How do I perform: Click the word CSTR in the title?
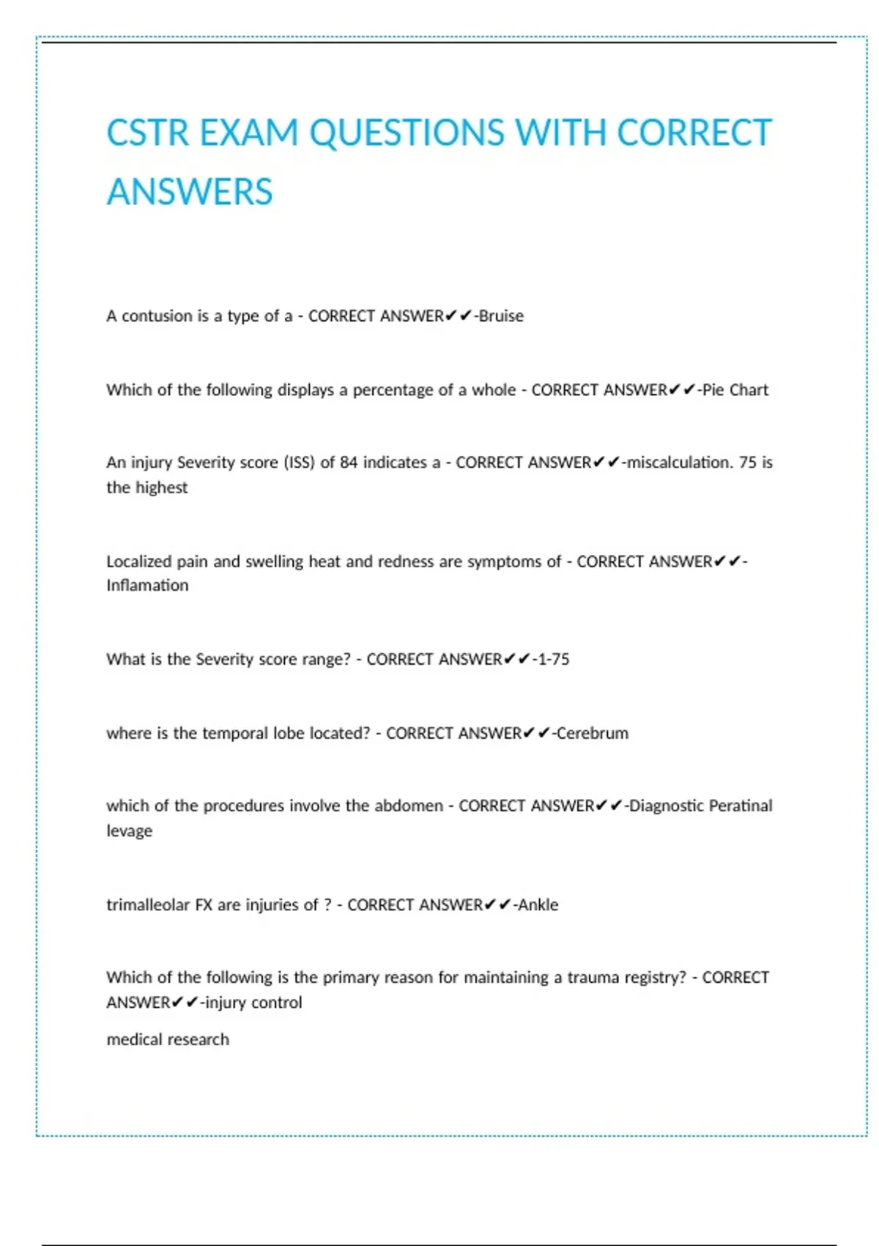pos(149,133)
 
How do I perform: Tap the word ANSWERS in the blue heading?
pos(190,192)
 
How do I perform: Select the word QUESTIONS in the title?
pos(407,133)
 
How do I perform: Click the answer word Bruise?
pos(501,316)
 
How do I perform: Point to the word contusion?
pos(157,316)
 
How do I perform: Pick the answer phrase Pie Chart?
pos(735,390)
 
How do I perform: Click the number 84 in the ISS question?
pos(349,462)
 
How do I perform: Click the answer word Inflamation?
pos(147,585)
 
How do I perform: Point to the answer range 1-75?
pos(552,659)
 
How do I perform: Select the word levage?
pos(130,830)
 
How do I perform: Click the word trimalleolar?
pos(148,904)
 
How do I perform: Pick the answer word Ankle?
pos(538,904)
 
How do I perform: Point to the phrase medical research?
pos(168,1039)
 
